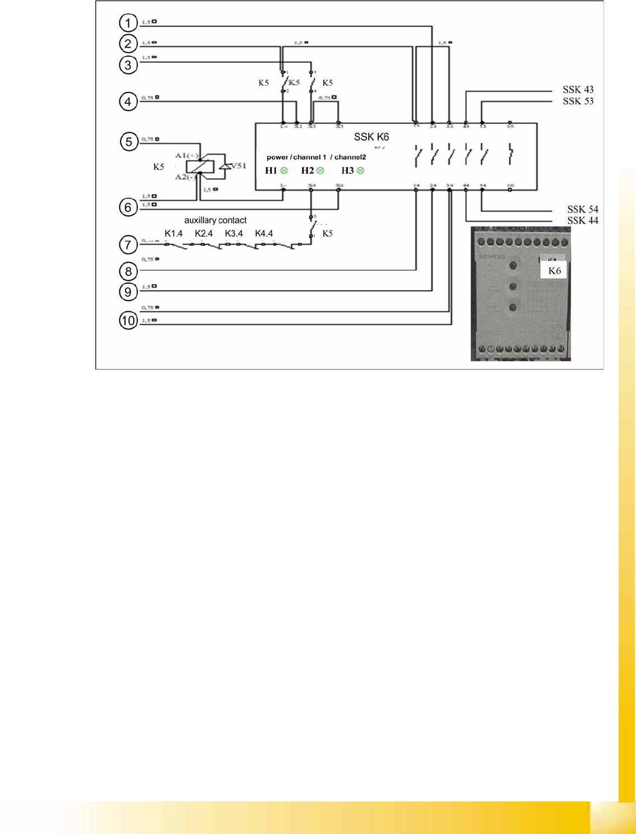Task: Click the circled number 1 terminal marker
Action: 128,23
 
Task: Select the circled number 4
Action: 128,102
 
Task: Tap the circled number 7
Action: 128,245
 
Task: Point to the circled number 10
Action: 128,321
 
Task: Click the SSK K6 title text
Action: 371,137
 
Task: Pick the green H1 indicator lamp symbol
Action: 284,171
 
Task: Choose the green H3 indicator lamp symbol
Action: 360,171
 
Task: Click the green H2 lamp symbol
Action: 320,171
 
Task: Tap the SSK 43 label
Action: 578,90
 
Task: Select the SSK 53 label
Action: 578,102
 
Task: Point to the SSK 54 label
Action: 582,209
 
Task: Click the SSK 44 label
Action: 582,220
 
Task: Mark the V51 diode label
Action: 239,165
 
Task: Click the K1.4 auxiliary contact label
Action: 173,233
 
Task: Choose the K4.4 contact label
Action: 264,233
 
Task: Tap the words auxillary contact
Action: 215,220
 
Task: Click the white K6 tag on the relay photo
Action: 554,271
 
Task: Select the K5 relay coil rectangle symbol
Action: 200,167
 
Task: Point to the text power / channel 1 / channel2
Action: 316,157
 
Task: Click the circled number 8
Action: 128,271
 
